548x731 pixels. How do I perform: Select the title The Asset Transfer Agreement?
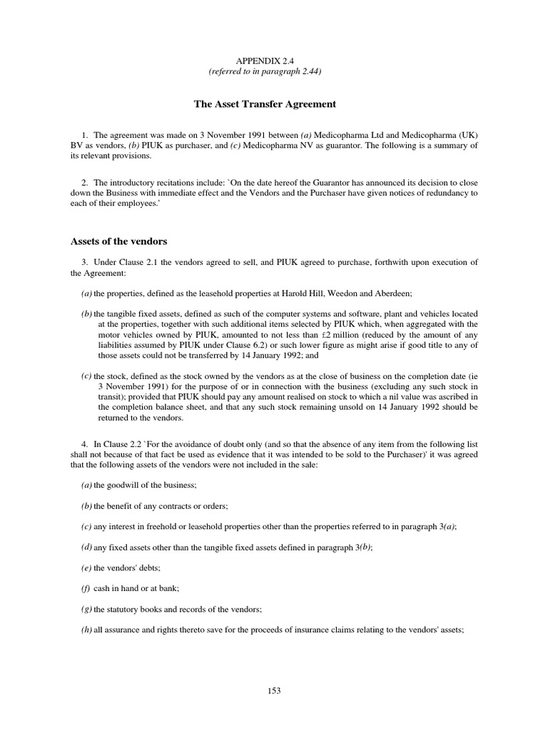[x=265, y=104]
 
